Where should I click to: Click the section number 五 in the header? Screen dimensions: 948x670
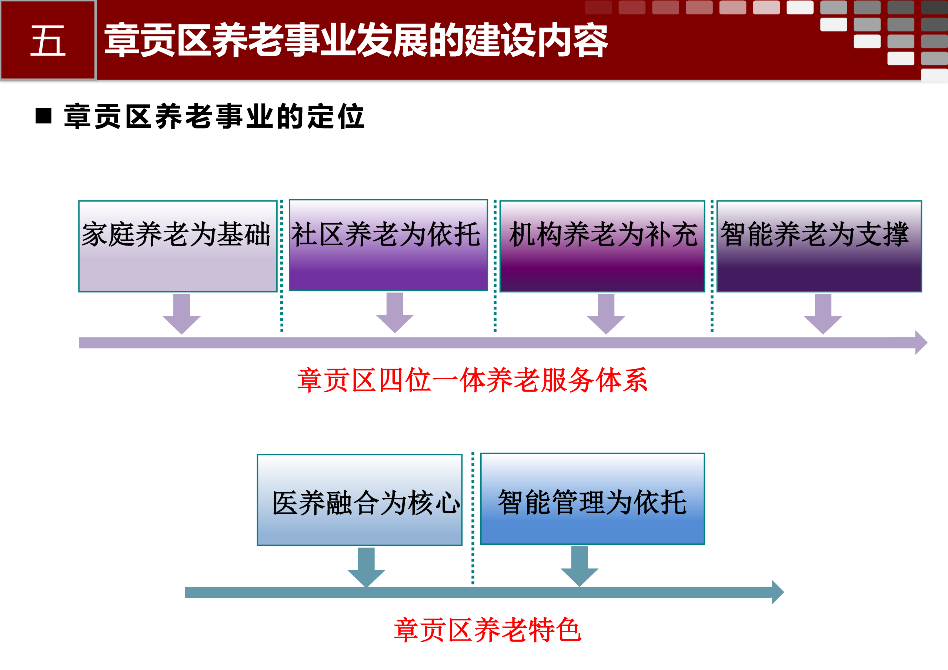tap(48, 40)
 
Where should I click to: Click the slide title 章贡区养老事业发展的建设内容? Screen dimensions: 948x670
tap(356, 40)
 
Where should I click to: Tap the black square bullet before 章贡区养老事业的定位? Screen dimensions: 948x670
tap(43, 116)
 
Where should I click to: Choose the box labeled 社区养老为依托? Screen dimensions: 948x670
tap(388, 245)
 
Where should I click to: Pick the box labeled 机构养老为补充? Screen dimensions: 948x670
tap(602, 246)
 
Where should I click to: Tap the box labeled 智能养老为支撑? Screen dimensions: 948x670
tap(819, 246)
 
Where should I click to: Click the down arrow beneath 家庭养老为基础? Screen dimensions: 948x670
tap(182, 314)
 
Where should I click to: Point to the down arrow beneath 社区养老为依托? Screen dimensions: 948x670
tap(395, 313)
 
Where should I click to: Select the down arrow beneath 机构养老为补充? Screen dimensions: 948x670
tap(606, 314)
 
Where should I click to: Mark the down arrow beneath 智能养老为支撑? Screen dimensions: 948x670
tap(823, 314)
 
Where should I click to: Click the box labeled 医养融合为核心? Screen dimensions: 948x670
tap(360, 500)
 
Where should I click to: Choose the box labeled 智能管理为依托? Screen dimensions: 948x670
tap(592, 499)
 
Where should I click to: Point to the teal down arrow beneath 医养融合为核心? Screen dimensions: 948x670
tap(366, 567)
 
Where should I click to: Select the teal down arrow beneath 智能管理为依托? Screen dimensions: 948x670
tap(579, 566)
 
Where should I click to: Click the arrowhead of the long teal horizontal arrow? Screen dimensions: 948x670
tap(778, 592)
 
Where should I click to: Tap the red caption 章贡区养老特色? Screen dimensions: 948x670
tap(488, 630)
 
